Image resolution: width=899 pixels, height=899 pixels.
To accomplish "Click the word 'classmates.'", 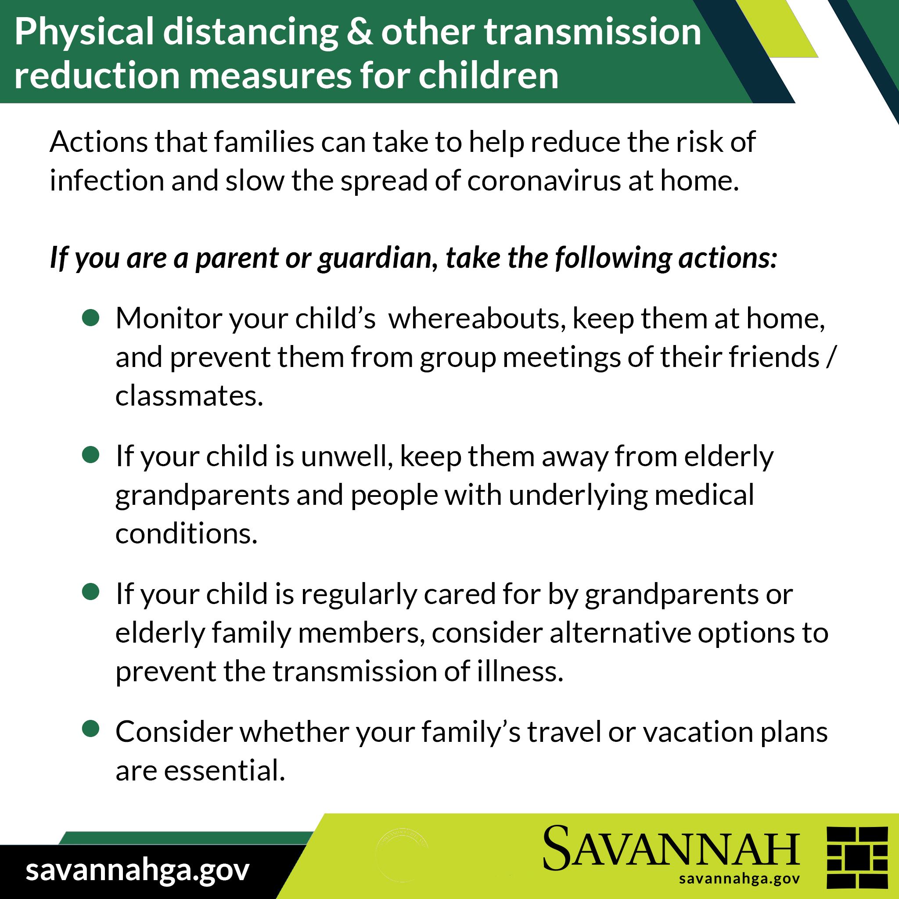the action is click(189, 396).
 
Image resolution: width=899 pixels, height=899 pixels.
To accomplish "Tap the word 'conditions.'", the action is click(187, 534).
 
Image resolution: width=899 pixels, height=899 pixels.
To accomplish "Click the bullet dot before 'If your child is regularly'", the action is click(91, 592).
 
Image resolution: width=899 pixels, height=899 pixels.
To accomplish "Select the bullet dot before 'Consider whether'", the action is click(91, 729).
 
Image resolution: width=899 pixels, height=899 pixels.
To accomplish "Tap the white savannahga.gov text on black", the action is click(138, 870).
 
